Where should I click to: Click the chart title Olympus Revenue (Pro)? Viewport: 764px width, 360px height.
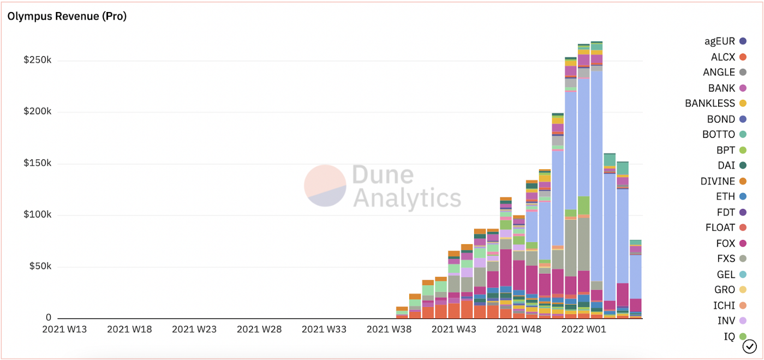[67, 16]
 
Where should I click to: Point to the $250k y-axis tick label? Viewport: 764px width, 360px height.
[37, 61]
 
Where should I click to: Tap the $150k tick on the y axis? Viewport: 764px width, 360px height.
[37, 164]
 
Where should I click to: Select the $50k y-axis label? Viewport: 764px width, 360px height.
[40, 267]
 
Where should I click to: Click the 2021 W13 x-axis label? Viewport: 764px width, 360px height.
[64, 329]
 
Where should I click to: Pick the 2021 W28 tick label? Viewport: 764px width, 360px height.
[259, 329]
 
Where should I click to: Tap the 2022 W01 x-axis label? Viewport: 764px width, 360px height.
[583, 329]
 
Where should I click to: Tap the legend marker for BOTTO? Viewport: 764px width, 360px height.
[742, 134]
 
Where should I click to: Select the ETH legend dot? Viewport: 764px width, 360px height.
[742, 196]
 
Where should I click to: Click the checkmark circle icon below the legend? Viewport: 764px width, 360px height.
[750, 346]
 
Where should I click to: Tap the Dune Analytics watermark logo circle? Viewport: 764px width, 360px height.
[325, 186]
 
